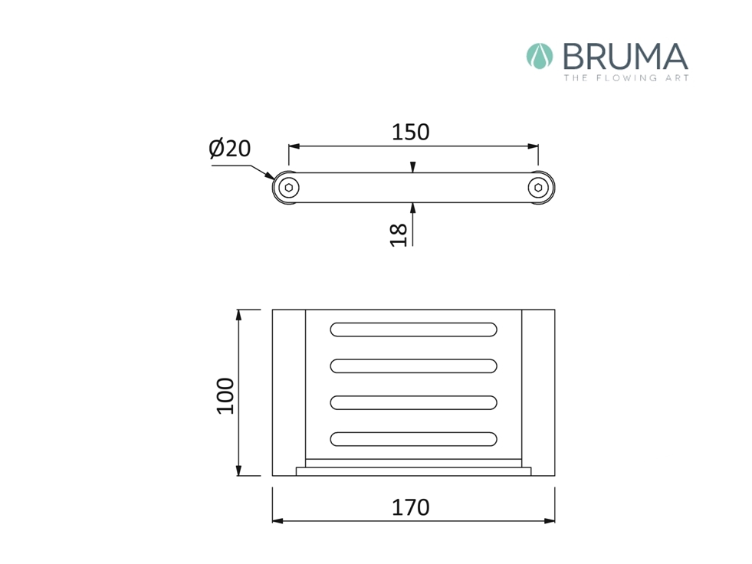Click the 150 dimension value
(x=411, y=133)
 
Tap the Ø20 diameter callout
(x=230, y=148)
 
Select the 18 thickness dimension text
(x=399, y=235)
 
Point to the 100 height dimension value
(x=225, y=395)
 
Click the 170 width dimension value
(x=411, y=507)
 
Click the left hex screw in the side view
(x=289, y=188)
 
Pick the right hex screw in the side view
(x=538, y=188)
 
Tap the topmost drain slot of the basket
(x=413, y=330)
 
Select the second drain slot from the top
(x=413, y=366)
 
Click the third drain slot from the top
(x=413, y=402)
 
